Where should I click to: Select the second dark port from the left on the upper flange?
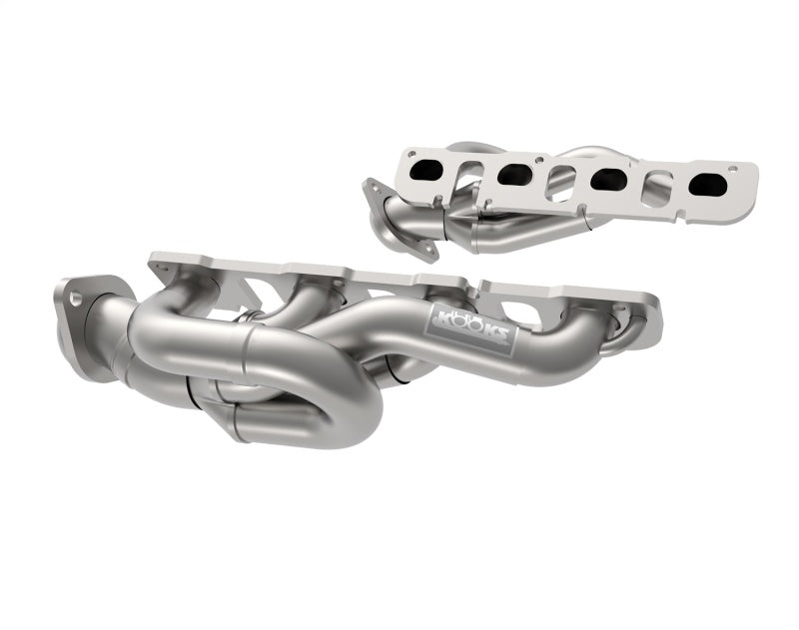click(x=513, y=175)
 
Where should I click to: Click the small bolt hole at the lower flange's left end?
click(x=159, y=269)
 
